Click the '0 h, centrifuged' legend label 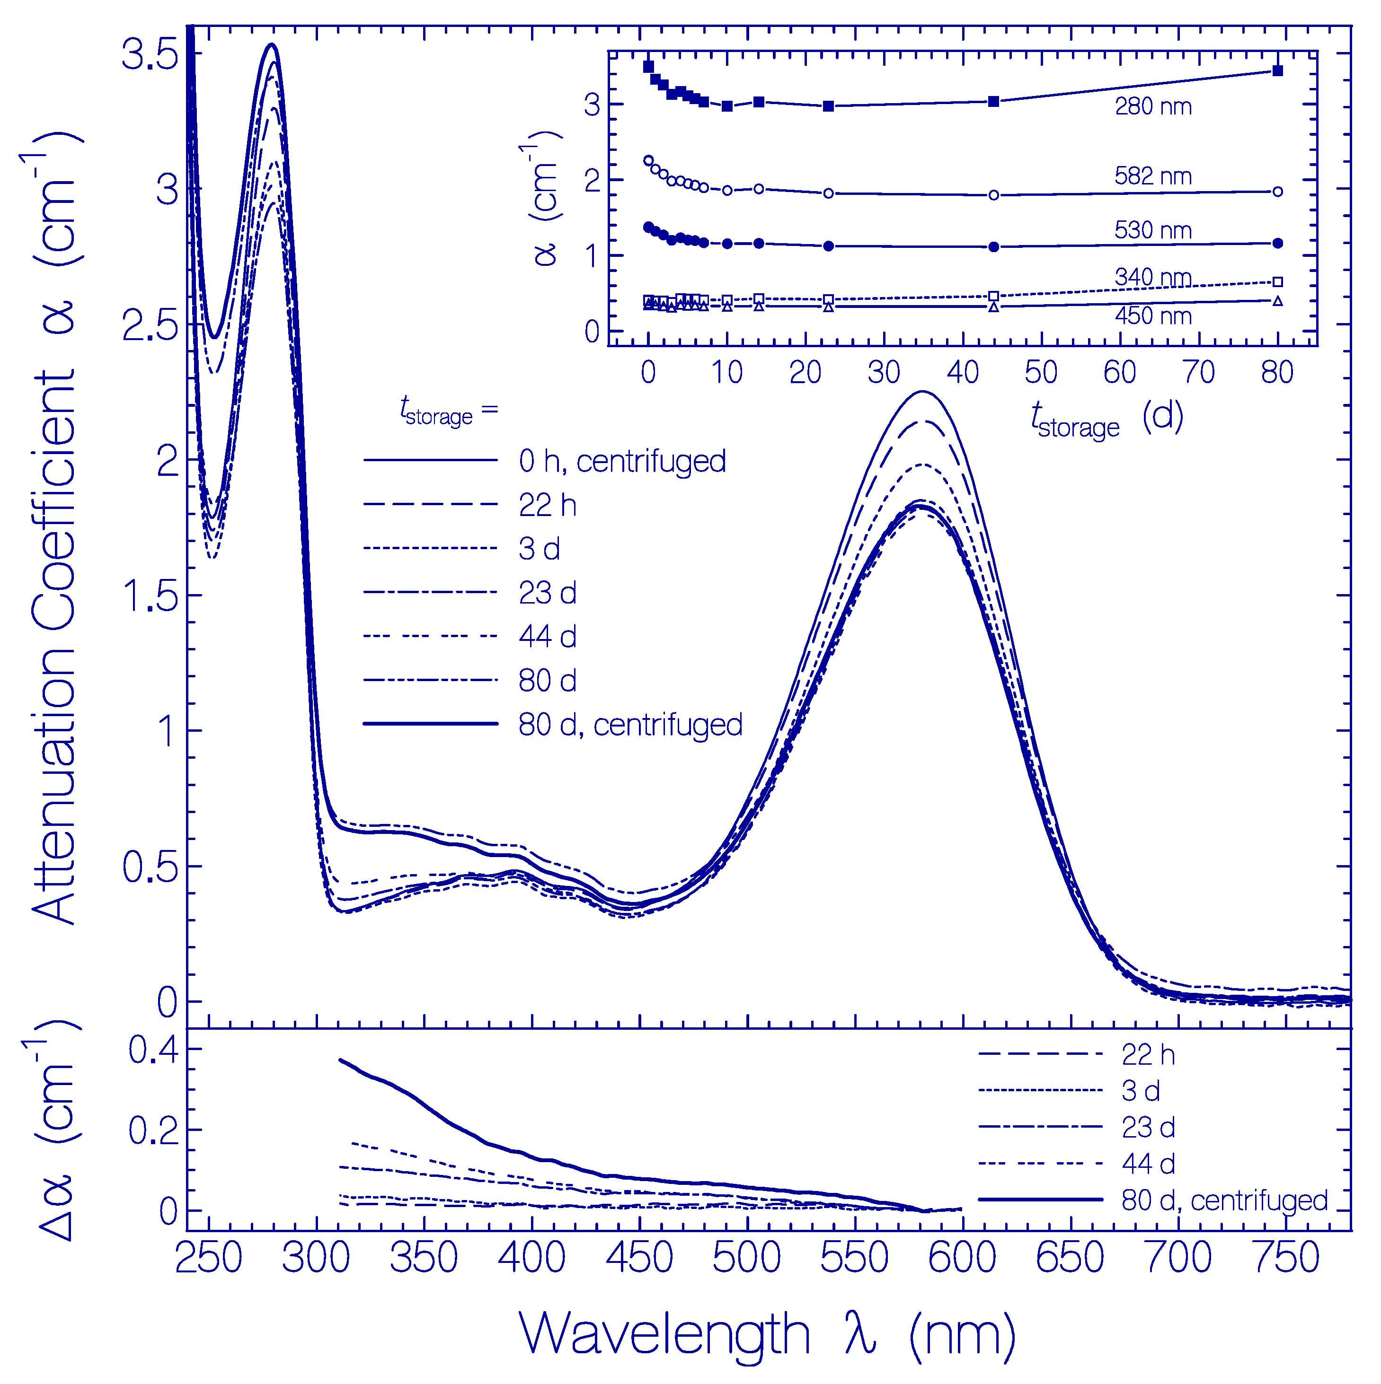621,461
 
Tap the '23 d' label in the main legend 547,592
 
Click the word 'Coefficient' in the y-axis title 54,501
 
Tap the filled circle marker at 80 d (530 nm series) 1276,244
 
